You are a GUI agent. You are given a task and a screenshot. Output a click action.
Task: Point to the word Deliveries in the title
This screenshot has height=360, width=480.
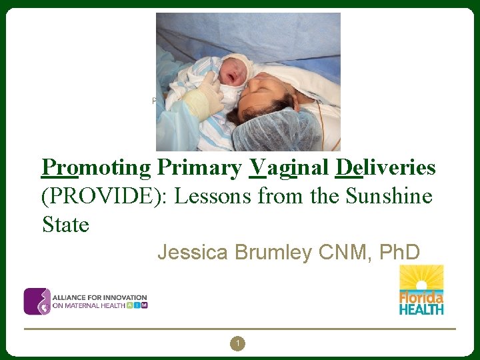[385, 168]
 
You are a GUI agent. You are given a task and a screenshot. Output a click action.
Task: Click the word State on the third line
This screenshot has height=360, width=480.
[65, 225]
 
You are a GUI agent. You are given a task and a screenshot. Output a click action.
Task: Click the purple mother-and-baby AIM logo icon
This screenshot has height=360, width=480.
[37, 301]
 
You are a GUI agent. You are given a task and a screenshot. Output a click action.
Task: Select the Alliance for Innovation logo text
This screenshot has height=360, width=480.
[100, 301]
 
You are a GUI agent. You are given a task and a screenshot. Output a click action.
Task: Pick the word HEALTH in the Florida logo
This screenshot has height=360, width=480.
[421, 309]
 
